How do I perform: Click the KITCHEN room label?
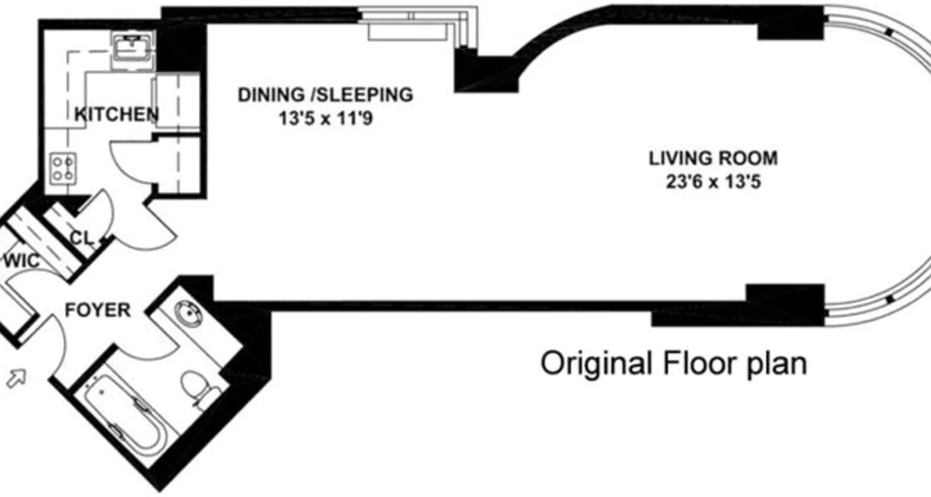click(x=116, y=114)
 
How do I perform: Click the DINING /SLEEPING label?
click(x=325, y=95)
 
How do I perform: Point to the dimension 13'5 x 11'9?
click(x=325, y=118)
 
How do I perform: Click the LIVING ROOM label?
click(x=713, y=158)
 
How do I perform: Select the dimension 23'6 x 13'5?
click(x=713, y=183)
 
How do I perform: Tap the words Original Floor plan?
click(x=673, y=363)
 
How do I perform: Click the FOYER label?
click(x=98, y=310)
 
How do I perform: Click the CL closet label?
click(x=81, y=238)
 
